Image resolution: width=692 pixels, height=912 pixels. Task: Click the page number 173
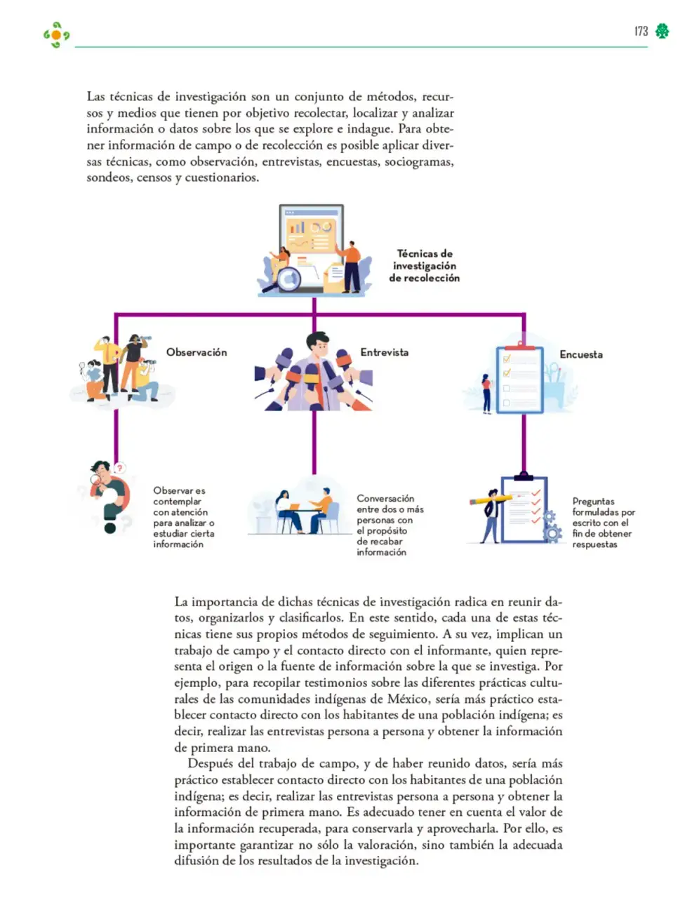pos(641,31)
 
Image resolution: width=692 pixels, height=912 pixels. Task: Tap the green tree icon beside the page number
pos(662,31)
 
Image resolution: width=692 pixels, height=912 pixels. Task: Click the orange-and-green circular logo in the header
pos(56,35)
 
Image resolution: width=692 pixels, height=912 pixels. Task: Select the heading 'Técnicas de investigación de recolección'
pos(424,265)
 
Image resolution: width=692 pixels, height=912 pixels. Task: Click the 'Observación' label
pos(197,352)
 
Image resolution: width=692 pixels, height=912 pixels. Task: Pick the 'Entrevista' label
pos(384,352)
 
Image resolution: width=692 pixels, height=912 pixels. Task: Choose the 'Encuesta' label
pos(580,354)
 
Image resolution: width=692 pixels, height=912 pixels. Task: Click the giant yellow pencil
pos(491,499)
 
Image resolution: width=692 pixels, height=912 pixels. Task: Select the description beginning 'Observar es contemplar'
pos(184,517)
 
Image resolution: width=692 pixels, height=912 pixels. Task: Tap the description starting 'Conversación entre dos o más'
pos(390,525)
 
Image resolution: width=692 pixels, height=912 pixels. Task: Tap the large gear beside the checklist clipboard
pos(552,533)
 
